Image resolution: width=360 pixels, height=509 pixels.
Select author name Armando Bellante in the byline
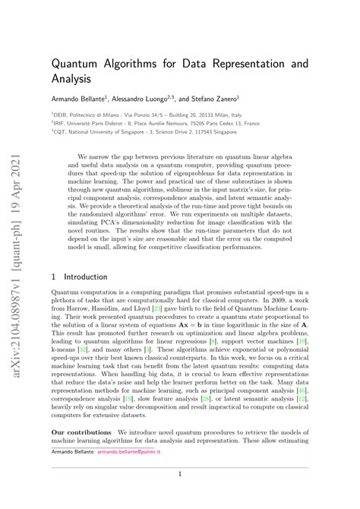tap(80, 97)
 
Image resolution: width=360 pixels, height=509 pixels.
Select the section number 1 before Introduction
tap(53, 277)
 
